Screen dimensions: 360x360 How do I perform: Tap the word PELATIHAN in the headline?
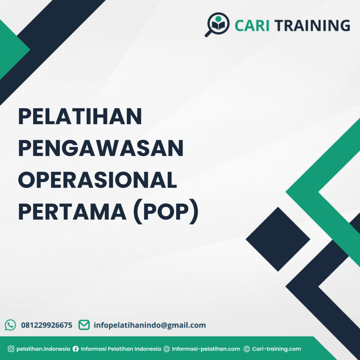point(80,117)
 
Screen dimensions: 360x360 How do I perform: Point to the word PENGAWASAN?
point(101,149)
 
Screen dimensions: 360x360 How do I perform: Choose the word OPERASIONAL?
point(97,181)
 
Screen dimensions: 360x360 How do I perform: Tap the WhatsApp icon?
point(11,325)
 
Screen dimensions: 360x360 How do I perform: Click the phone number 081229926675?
point(47,325)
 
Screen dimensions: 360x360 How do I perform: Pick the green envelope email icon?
point(84,325)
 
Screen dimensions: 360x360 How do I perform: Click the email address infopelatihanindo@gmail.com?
point(150,325)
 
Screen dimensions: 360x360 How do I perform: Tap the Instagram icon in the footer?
point(11,349)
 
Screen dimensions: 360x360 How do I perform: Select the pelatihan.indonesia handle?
point(43,349)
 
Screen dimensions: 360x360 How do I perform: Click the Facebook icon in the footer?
point(76,349)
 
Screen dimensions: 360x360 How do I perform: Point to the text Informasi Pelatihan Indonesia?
point(121,349)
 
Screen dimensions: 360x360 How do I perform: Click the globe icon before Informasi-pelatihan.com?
point(167,349)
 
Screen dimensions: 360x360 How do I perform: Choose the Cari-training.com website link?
point(277,349)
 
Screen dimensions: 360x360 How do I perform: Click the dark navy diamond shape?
point(278,239)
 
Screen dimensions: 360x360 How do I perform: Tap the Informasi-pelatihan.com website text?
point(206,349)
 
